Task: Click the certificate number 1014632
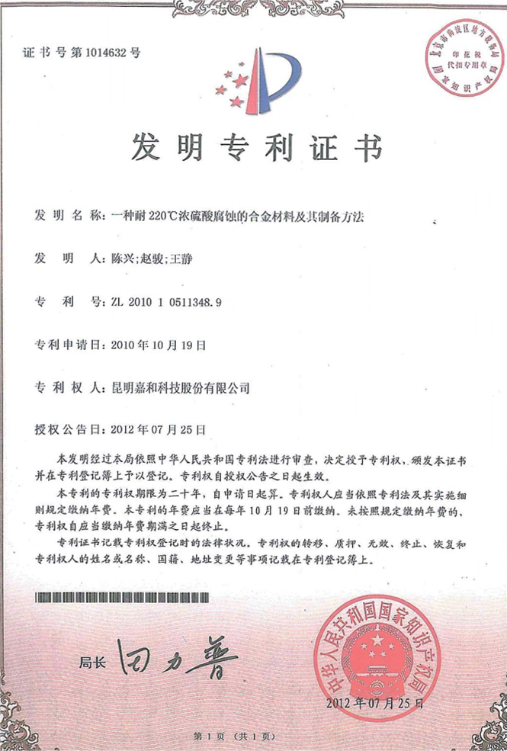(107, 53)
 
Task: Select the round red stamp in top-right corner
(457, 60)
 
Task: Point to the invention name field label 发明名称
(67, 216)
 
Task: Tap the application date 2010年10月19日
(159, 344)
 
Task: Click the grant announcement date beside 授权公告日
(159, 429)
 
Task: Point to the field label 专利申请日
(67, 344)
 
